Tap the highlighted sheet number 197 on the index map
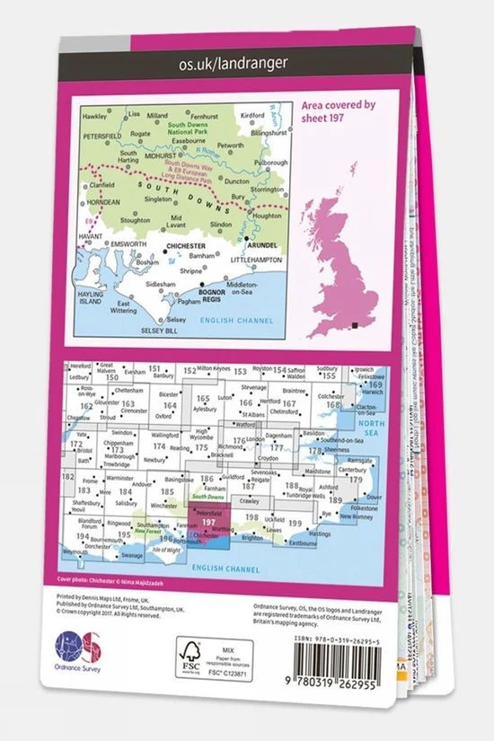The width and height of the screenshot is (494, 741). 208,522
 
